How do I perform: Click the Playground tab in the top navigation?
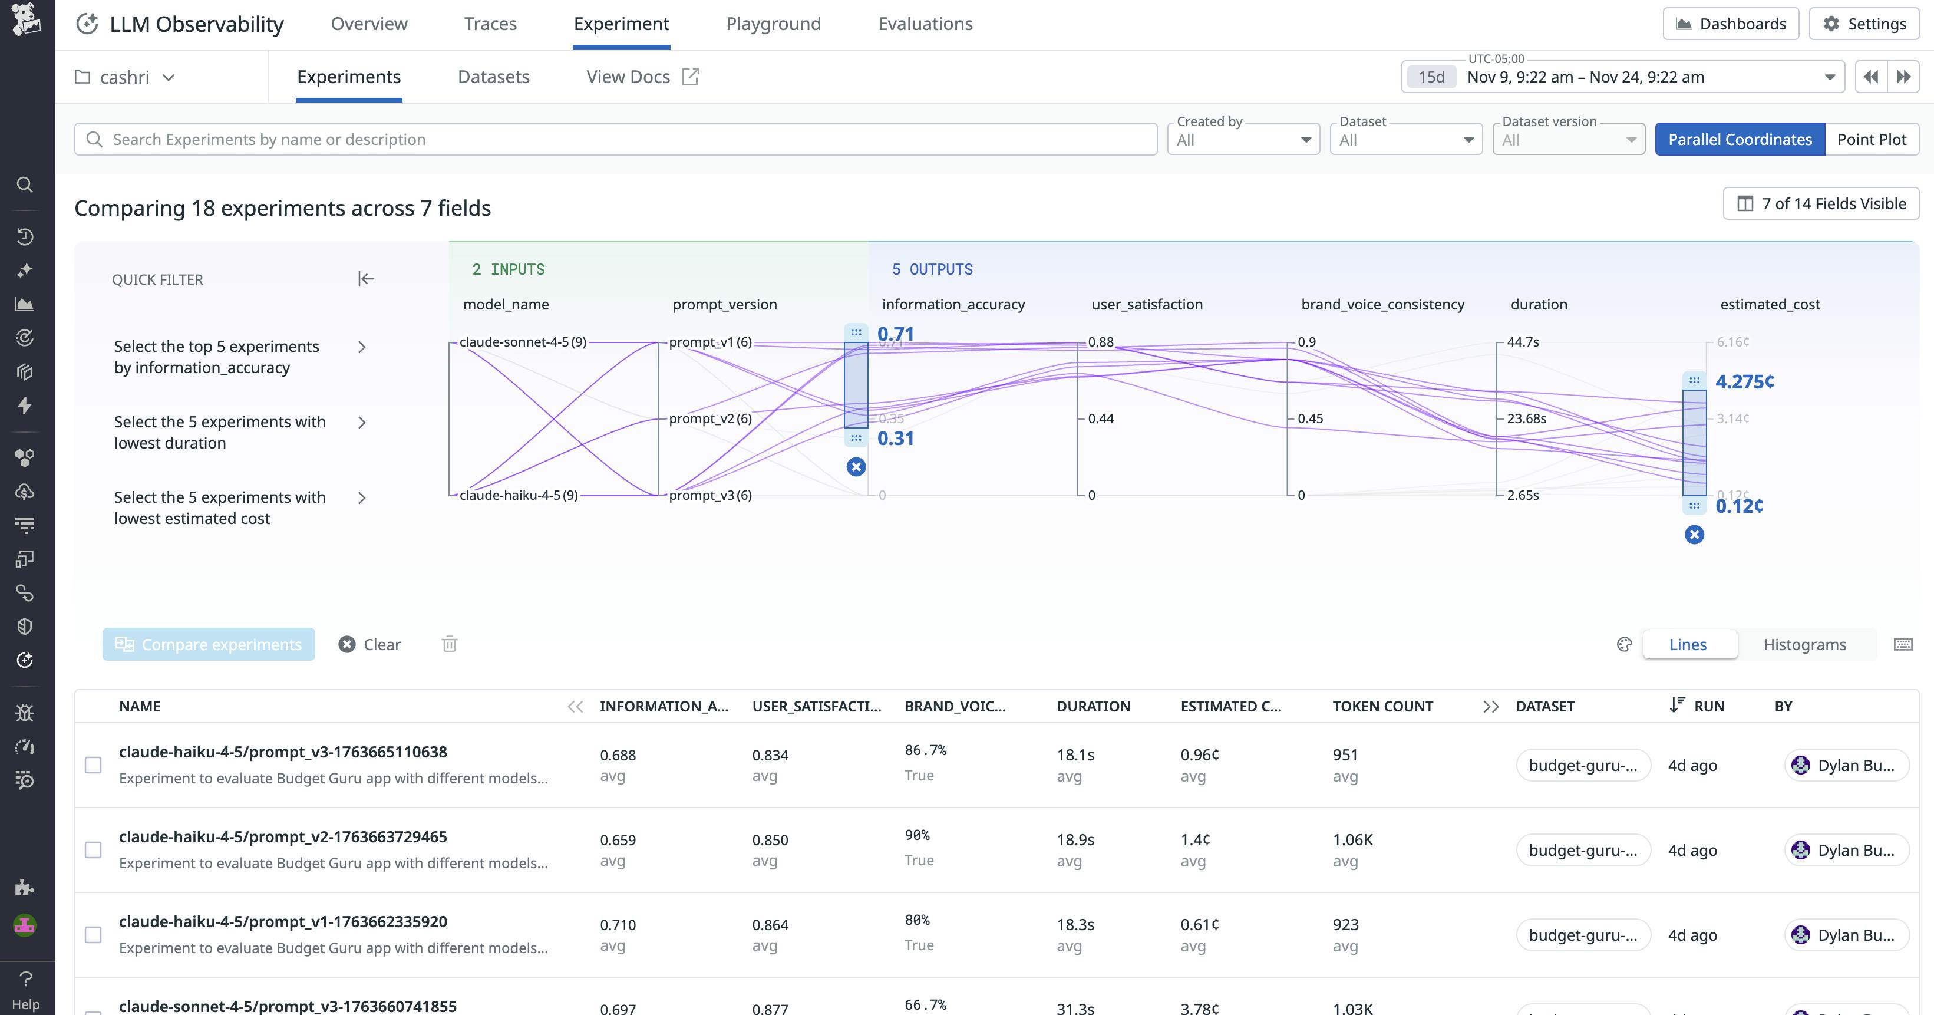coord(773,24)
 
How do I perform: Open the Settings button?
coord(1864,24)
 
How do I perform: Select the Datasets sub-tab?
coord(493,77)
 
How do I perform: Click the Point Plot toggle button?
coord(1871,140)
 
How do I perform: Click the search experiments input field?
coord(616,140)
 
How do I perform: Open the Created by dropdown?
coord(1243,140)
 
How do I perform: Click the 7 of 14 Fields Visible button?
coord(1821,203)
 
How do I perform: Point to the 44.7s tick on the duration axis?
coord(1523,342)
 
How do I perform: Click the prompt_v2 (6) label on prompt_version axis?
coord(710,419)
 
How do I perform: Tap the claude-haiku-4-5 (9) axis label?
coord(518,496)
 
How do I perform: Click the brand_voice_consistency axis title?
coord(1382,304)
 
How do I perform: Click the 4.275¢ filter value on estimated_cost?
coord(1744,381)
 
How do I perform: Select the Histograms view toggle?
coord(1804,644)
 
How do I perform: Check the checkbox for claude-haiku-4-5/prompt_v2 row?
coord(93,850)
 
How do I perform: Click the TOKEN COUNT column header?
coord(1382,707)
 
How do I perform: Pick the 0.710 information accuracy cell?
coord(617,925)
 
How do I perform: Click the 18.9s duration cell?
coord(1075,840)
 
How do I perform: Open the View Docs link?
coord(642,77)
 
